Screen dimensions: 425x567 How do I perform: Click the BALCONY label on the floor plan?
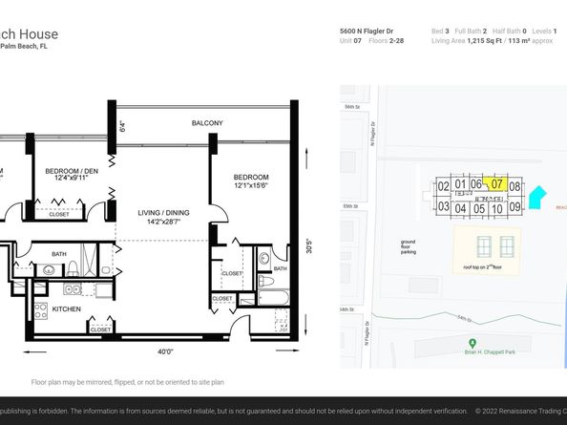pos(207,123)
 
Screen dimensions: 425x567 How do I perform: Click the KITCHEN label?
pos(67,309)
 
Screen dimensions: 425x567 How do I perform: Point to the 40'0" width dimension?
pos(165,352)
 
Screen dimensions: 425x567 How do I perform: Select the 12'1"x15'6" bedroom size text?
pos(251,185)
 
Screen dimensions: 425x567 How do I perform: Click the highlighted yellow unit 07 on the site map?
pos(495,183)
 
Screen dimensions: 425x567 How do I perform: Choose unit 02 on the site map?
pos(443,185)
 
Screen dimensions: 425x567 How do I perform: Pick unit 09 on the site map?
pos(514,207)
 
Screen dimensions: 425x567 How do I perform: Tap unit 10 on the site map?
pos(496,208)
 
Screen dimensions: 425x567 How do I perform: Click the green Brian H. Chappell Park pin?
pos(471,343)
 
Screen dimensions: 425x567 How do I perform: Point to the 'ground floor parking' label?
pos(408,247)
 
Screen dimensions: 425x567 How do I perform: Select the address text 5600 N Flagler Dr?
pos(367,32)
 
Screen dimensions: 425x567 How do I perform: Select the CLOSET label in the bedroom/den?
pos(58,215)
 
